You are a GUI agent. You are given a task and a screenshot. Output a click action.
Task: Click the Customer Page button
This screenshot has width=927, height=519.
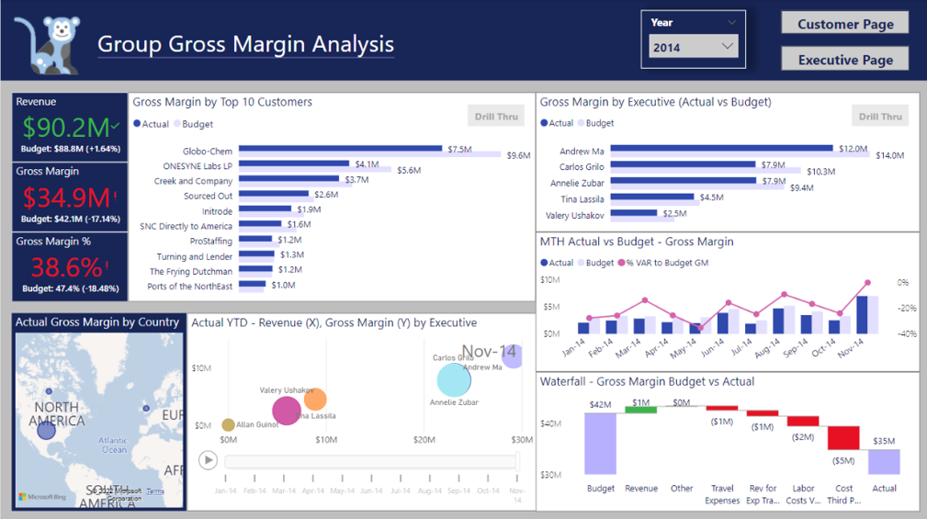tap(844, 24)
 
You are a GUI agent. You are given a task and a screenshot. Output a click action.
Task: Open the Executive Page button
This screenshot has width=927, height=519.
tap(844, 60)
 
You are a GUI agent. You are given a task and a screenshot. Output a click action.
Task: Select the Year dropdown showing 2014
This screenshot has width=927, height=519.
tap(694, 47)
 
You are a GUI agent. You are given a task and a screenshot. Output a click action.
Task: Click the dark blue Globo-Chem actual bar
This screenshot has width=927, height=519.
tap(341, 150)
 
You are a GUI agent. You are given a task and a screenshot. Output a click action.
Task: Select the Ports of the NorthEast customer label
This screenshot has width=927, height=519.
tap(189, 286)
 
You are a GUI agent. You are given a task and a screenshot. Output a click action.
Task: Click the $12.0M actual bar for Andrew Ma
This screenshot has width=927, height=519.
tap(721, 149)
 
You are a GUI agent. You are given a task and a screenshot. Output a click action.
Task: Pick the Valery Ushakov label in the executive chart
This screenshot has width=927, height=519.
tap(574, 215)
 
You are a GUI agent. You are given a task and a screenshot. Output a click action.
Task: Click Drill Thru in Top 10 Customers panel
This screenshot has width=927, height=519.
tap(496, 117)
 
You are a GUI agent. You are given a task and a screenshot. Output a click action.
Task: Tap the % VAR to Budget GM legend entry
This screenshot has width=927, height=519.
tap(666, 263)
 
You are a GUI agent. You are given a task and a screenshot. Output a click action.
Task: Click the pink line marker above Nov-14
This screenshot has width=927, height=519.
tap(866, 283)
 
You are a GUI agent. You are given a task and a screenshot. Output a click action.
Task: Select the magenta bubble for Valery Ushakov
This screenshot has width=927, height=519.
tap(287, 411)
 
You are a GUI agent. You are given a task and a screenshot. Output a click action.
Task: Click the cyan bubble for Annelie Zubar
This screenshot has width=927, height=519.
tap(454, 380)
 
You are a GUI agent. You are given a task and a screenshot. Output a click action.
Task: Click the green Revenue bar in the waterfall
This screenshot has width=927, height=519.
tap(640, 409)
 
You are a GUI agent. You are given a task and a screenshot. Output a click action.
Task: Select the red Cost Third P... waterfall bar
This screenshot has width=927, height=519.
tap(843, 437)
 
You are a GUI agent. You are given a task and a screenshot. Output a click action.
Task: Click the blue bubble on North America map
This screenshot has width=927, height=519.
tap(47, 429)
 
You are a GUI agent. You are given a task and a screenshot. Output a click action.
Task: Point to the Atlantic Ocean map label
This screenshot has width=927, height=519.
tap(114, 446)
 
